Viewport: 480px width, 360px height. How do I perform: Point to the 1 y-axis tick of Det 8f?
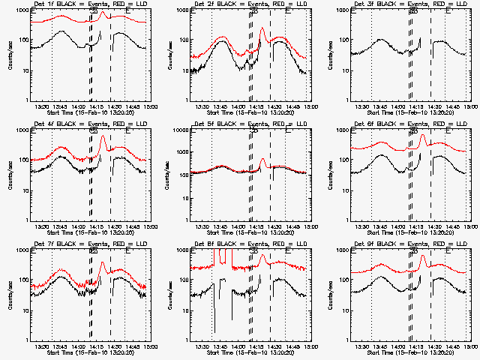point(187,340)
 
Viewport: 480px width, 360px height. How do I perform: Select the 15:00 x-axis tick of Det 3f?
point(469,106)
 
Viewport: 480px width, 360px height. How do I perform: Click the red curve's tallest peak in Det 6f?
point(424,136)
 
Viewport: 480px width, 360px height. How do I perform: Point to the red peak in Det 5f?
point(262,159)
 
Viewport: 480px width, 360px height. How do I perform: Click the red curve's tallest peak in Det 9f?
point(424,256)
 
